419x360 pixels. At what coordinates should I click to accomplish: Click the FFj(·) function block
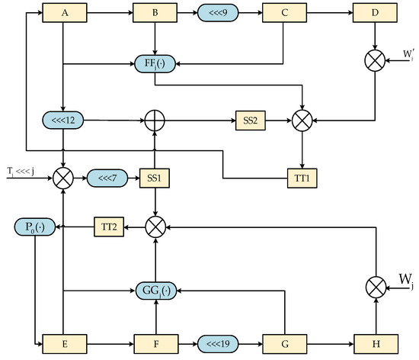[x=155, y=63]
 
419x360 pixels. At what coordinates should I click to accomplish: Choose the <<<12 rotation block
[x=64, y=120]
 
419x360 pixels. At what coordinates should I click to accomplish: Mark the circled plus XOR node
[x=155, y=120]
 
